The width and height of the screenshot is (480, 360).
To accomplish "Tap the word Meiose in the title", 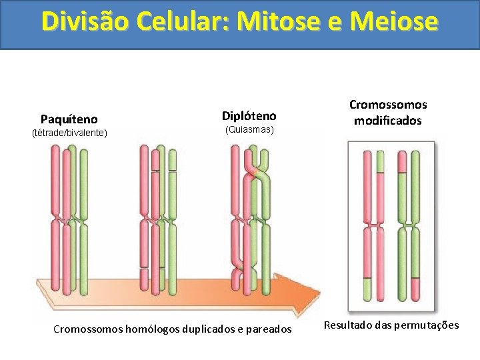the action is coord(398,21).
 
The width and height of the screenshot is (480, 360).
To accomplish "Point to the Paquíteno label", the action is coord(69,119).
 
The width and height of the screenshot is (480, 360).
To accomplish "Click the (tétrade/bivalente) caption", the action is coord(69,133).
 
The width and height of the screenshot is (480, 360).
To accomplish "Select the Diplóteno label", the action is coord(249,116).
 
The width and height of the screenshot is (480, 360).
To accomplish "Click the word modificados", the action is coord(388,121).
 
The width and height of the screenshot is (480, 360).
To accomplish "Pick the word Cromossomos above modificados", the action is coord(388,105).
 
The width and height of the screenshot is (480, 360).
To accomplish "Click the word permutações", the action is coord(426,325).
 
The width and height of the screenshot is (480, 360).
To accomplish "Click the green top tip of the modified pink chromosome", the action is coord(379,162).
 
